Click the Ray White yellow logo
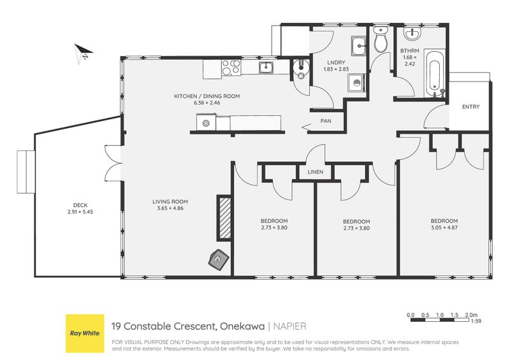(85, 333)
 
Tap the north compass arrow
(83, 53)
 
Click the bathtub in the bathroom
(435, 74)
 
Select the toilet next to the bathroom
(380, 39)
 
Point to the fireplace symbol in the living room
(219, 259)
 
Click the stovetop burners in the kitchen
(231, 68)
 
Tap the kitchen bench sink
(266, 68)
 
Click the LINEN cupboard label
(316, 171)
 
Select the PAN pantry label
(326, 121)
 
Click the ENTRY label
(470, 106)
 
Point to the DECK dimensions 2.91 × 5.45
(80, 212)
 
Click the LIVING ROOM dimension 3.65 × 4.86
(170, 208)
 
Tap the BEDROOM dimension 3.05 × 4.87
(444, 227)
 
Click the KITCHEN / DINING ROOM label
(207, 96)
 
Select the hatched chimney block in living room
(224, 218)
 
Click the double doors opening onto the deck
(114, 163)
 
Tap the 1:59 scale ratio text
(476, 321)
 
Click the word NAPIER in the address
(290, 326)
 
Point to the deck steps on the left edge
(25, 171)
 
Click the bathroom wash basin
(412, 34)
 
